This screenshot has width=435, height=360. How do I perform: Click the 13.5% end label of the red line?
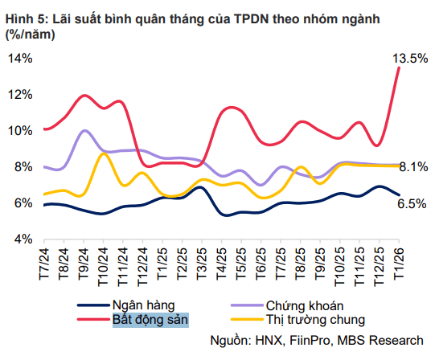410,59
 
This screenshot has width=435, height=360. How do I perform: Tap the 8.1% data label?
413,167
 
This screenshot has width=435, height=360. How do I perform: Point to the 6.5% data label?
412,204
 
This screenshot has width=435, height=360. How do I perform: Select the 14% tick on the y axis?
20,59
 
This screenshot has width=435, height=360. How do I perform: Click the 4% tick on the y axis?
23,239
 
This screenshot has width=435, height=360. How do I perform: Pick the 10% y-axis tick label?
20,131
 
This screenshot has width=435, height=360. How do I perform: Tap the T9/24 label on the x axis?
84,264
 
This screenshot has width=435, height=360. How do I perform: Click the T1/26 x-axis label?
399,263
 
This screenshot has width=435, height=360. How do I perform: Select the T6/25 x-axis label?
261,264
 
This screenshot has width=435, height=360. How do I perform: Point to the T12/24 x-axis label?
142,267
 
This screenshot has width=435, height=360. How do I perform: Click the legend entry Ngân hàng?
144,305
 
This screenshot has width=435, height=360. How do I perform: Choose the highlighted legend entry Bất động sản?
150,320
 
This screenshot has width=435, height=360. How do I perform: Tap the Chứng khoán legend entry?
305,305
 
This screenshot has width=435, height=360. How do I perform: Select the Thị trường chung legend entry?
315,320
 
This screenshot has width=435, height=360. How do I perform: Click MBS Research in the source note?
380,340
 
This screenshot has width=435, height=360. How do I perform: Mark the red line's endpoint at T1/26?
399,67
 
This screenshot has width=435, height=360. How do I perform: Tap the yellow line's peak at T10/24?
103,153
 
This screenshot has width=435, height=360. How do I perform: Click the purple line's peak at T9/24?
84,130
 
